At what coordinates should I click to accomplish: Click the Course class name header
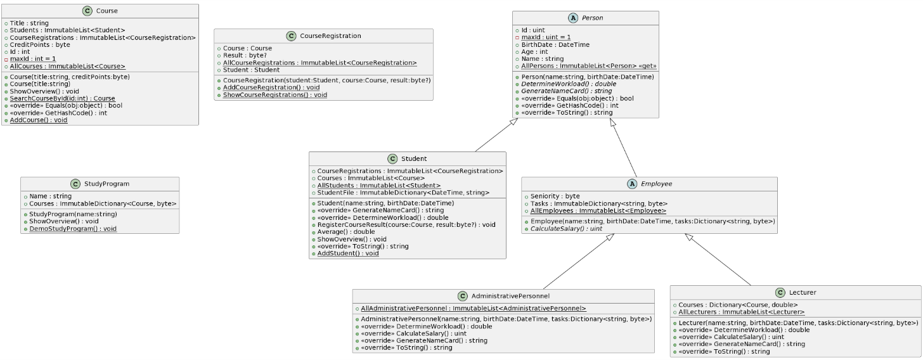coord(106,11)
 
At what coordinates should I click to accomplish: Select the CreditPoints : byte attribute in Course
coord(40,44)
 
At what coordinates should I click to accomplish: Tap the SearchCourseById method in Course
coord(62,98)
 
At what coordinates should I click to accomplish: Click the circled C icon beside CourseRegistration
coord(292,36)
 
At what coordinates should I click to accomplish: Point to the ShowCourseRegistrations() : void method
coord(275,94)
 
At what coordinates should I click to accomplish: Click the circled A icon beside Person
coord(573,18)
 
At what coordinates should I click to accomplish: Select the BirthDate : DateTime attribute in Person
coord(555,44)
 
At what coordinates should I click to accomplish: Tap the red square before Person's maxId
coord(517,37)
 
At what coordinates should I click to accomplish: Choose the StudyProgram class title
coord(106,184)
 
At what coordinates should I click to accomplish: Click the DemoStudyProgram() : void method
coord(73,229)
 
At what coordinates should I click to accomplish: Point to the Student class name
coord(414,158)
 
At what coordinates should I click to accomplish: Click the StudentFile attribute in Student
coord(403,192)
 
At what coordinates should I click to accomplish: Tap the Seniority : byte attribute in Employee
coord(555,196)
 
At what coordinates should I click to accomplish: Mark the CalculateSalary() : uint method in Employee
coord(566,229)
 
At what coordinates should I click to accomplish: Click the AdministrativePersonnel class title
coord(510,296)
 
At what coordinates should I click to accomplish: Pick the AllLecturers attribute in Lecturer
coord(742,312)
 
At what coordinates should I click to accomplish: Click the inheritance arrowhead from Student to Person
coord(513,122)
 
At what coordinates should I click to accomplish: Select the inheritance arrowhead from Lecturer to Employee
coord(689,237)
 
